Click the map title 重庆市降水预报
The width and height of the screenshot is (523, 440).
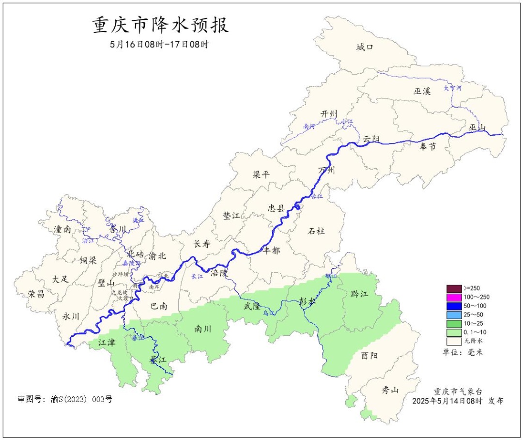[160, 25]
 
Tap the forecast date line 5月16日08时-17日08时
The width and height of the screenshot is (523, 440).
[159, 44]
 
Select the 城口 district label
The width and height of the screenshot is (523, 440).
[365, 47]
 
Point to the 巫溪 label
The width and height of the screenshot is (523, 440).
[422, 91]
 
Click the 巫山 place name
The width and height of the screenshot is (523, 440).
[477, 127]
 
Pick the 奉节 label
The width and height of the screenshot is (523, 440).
[428, 146]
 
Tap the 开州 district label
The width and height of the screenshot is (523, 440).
[328, 114]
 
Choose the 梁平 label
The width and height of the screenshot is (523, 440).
[261, 174]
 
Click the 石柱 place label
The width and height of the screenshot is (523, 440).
[316, 231]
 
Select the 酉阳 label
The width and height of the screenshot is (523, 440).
[370, 355]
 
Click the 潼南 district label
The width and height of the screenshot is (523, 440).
[62, 229]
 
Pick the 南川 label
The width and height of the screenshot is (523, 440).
[203, 329]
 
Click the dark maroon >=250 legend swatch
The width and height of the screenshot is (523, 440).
[454, 288]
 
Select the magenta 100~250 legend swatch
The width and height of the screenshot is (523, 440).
[454, 297]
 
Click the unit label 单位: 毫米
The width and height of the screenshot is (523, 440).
[462, 352]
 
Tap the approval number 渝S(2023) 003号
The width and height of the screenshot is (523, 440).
[65, 399]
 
